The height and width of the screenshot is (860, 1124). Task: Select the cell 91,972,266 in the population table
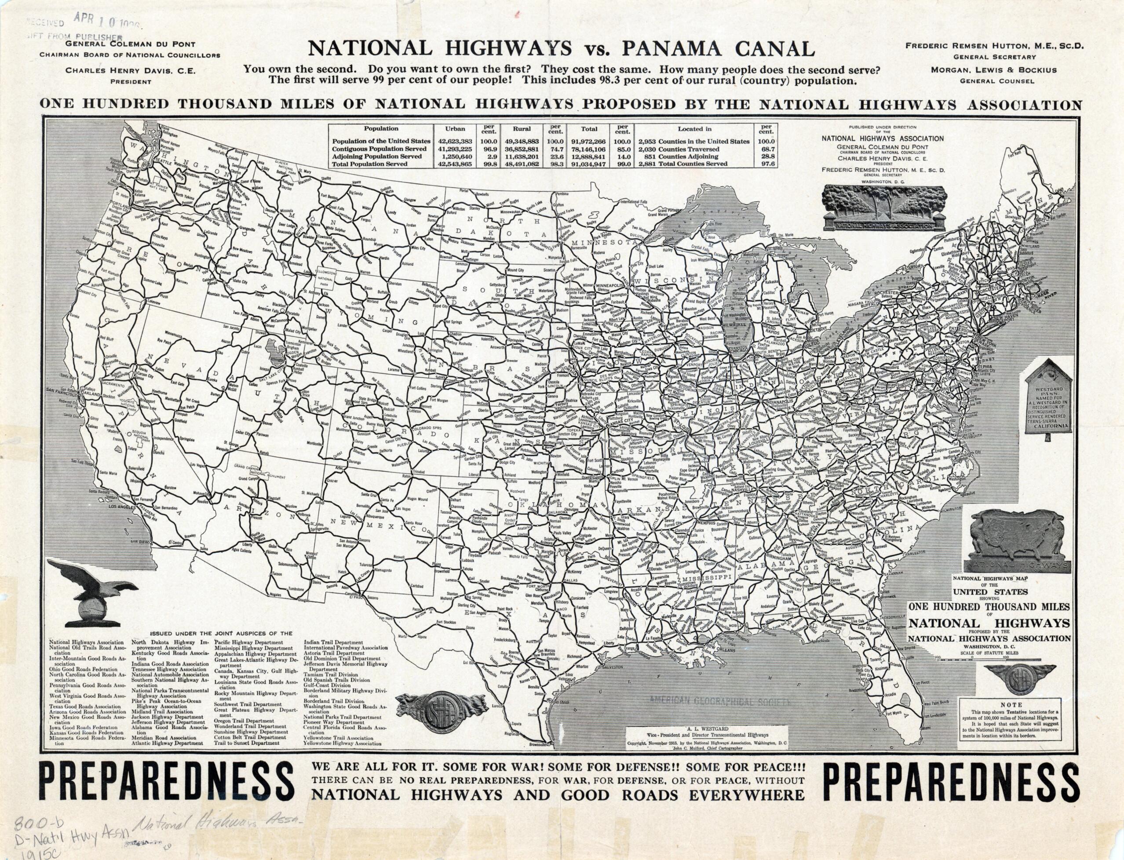589,141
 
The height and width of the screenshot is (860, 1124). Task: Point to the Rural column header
522,129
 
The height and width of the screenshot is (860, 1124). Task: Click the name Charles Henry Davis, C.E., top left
130,71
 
